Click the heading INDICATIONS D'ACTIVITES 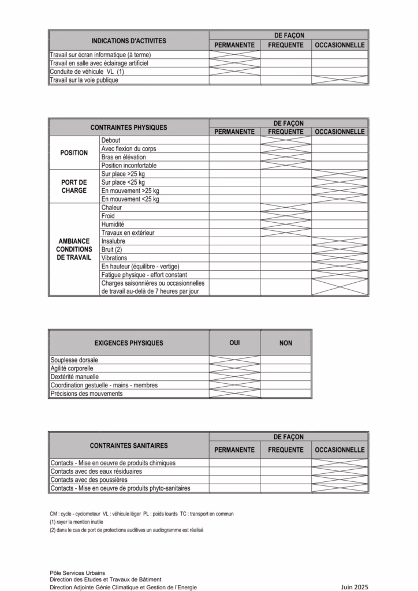[129, 41]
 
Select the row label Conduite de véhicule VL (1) [87, 72]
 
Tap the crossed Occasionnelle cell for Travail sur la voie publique [339, 80]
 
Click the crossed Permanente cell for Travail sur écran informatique [234, 55]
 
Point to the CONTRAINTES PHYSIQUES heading [129, 128]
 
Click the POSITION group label [74, 153]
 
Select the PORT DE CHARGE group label [74, 186]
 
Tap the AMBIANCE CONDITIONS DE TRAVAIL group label [74, 249]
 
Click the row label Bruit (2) [111, 250]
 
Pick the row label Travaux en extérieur [128, 233]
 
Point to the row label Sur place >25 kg [123, 174]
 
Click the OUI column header [234, 343]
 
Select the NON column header [286, 343]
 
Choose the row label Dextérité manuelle [76, 377]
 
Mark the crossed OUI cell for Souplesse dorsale [234, 360]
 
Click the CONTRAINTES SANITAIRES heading [129, 446]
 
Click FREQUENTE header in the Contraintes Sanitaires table [286, 450]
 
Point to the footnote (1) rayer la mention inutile [76, 522]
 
